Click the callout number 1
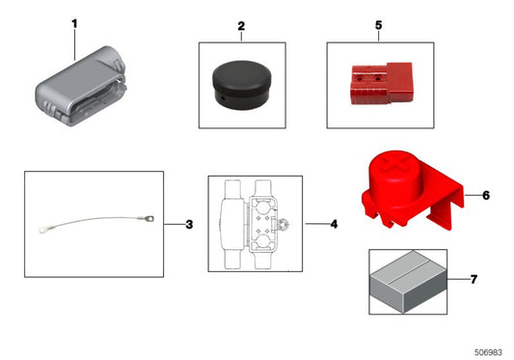coord(75,23)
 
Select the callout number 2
coord(241,26)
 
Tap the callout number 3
coord(189,225)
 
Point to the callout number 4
coord(334,224)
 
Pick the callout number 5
coord(379,25)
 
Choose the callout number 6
coord(486,195)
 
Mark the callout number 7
coord(473,279)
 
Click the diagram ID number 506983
coord(488,352)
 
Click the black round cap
coord(242,85)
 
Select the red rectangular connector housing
coord(381,83)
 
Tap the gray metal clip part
coord(80,86)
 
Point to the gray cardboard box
coord(408,282)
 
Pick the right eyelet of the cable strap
coord(149,218)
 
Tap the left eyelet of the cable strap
coord(42,230)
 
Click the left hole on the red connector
coord(361,79)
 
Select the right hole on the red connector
coord(378,79)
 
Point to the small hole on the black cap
coord(222,97)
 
